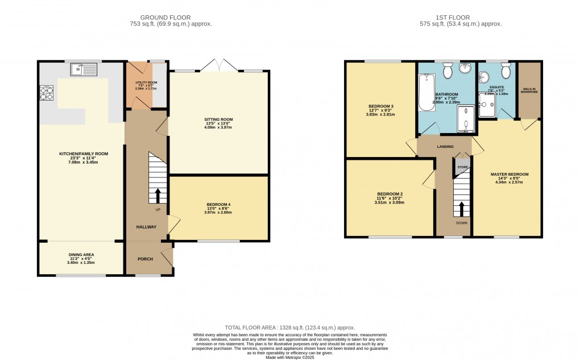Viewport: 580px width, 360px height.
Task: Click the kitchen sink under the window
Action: (x=84, y=70)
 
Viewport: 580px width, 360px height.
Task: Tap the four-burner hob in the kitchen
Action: (x=45, y=93)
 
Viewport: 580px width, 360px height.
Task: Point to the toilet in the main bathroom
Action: (x=447, y=71)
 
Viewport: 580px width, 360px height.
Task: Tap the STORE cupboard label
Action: (x=462, y=167)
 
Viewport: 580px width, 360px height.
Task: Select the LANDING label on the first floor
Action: (x=445, y=147)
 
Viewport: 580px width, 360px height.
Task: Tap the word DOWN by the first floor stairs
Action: (x=461, y=223)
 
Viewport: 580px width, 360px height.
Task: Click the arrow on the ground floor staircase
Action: (x=158, y=195)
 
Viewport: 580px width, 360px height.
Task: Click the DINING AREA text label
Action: (x=81, y=254)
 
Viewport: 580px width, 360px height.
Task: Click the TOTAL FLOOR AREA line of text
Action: (x=289, y=328)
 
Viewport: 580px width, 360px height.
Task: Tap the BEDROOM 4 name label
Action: (x=218, y=205)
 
